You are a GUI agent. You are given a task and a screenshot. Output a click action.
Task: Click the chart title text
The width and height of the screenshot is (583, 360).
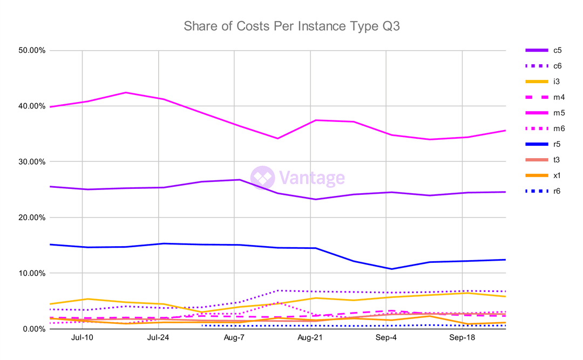291,26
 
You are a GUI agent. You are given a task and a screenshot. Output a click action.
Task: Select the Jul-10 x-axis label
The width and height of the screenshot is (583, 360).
82,338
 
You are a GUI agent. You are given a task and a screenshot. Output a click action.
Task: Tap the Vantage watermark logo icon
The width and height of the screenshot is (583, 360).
262,178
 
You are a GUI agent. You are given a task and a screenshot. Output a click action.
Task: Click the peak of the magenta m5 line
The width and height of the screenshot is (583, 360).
126,92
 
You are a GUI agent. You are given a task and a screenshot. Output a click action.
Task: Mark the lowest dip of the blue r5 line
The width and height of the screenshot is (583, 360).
391,269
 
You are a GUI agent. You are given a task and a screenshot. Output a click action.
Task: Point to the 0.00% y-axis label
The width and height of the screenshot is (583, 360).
32,329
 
